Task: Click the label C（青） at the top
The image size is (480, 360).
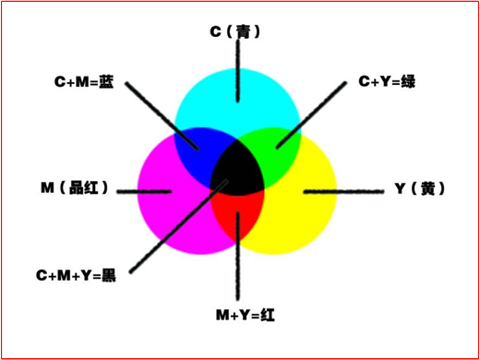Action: [236, 31]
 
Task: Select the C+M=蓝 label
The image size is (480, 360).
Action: [83, 81]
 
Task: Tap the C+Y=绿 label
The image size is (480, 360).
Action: [387, 81]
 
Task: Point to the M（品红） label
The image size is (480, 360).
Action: [75, 188]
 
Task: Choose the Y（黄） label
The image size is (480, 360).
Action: [420, 188]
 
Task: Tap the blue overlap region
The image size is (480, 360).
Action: [198, 143]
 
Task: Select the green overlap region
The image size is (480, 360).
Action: [278, 143]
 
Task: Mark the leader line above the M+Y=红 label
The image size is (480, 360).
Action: [238, 268]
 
